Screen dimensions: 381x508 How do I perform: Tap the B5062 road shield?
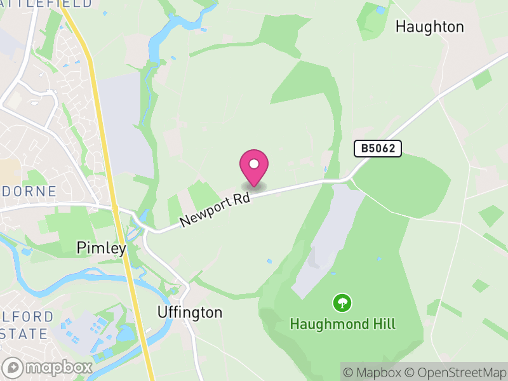[378, 149]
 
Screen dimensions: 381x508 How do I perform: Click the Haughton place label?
[429, 27]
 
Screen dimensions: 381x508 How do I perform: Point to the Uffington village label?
[190, 312]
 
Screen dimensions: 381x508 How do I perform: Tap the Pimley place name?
[101, 248]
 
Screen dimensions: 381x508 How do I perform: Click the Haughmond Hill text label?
[342, 324]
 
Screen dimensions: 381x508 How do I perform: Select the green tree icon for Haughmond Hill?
[342, 302]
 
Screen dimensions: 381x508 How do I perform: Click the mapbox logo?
[48, 368]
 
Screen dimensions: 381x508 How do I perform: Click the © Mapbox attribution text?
[373, 372]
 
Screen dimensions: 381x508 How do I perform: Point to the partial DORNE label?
[29, 191]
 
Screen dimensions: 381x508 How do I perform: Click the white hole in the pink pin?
[254, 164]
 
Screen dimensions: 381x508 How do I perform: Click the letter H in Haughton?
[401, 27]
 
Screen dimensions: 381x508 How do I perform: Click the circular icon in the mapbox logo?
[13, 368]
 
